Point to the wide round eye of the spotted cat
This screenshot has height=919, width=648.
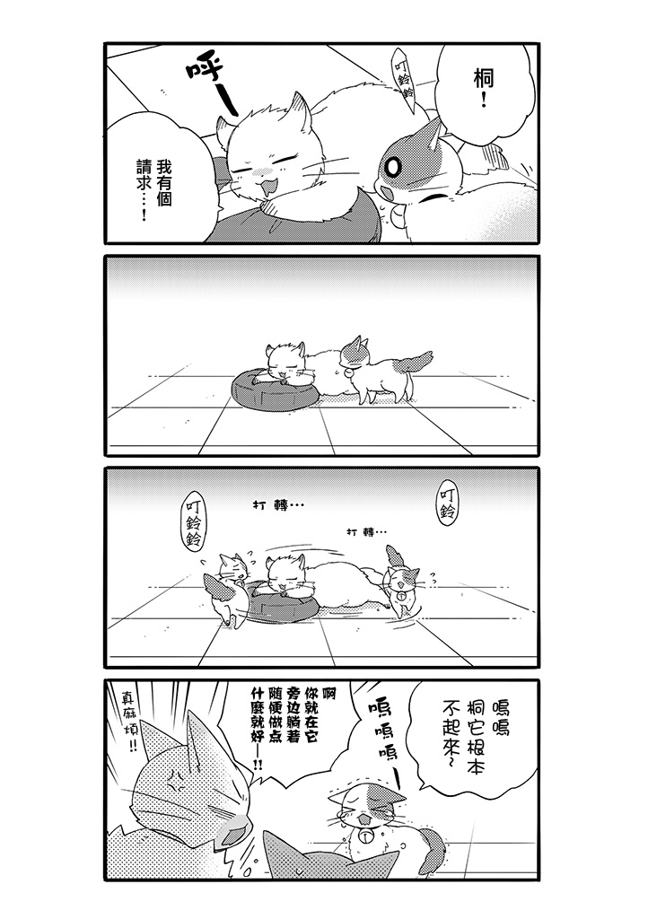393,166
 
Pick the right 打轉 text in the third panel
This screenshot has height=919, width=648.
366,532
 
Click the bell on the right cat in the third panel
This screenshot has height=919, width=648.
401,596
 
